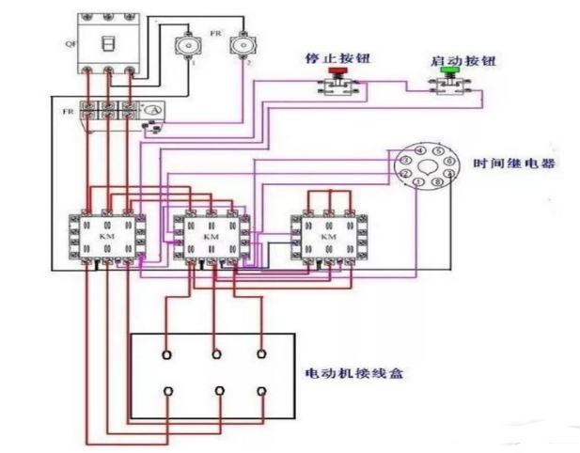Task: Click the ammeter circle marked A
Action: coord(152,111)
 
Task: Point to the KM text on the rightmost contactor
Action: coord(329,238)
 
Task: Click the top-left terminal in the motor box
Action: coord(167,354)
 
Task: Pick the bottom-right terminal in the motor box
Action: coord(261,390)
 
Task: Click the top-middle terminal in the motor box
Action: coord(217,354)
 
